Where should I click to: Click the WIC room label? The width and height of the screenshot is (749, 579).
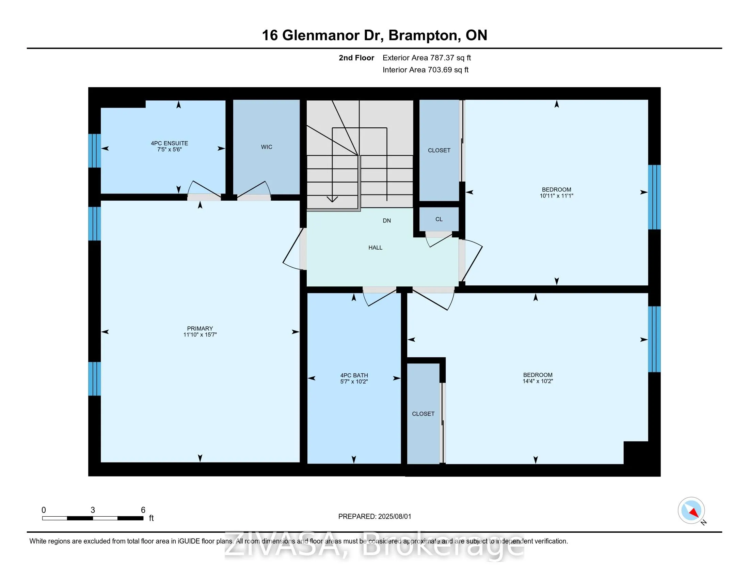(x=267, y=147)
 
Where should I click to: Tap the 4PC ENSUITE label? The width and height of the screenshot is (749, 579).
(x=170, y=143)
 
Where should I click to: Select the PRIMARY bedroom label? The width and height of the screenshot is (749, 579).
(x=200, y=328)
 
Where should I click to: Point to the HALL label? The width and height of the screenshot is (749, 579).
(x=375, y=248)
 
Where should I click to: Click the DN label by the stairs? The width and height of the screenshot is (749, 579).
(x=386, y=221)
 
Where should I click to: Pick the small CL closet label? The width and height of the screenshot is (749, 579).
(x=439, y=219)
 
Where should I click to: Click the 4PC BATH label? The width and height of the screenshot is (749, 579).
(x=354, y=375)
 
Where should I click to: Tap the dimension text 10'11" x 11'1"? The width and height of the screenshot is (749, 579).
(x=556, y=196)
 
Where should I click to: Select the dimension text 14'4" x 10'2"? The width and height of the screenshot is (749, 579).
(x=537, y=381)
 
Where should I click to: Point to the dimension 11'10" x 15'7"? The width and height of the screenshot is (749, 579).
(x=200, y=335)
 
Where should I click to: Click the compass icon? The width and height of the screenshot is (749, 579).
(x=691, y=511)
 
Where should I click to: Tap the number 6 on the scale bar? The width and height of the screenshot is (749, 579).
(x=143, y=510)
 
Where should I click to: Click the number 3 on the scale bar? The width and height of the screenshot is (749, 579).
(x=93, y=510)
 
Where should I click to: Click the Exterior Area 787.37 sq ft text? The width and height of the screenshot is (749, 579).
(x=427, y=58)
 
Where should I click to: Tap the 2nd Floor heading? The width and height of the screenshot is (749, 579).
(x=356, y=58)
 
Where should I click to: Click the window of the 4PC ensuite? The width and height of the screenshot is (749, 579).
(x=94, y=151)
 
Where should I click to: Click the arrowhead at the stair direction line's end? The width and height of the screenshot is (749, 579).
(x=332, y=199)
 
